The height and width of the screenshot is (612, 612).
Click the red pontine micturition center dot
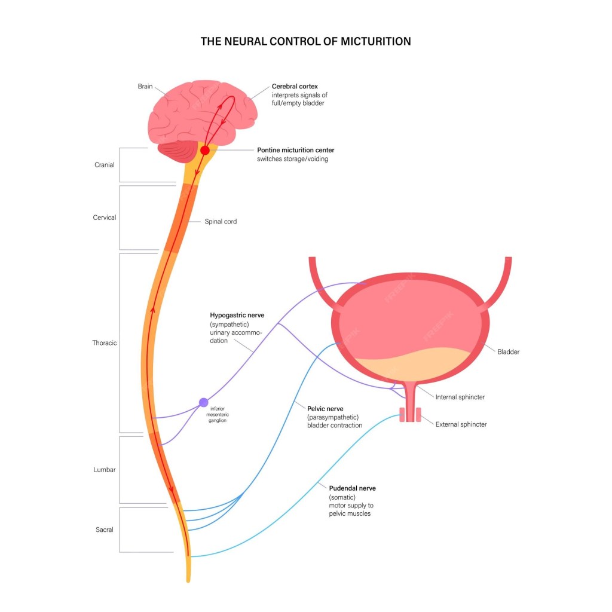coord(204,151)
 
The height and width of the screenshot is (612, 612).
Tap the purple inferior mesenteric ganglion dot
coord(204,402)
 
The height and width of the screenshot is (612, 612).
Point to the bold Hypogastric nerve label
coord(237,315)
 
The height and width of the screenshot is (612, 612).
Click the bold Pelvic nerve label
coord(325,409)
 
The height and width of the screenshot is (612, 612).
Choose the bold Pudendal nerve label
coord(352,488)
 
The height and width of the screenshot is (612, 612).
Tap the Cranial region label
coord(105,165)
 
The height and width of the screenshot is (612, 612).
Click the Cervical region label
coord(105,218)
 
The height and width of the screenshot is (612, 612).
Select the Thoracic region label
coord(105,343)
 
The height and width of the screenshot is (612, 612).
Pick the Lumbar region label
coord(105,470)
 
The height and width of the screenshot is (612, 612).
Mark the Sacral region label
coord(105,530)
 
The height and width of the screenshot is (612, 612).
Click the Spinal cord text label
coord(221,222)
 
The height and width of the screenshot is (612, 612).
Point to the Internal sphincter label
coord(460,397)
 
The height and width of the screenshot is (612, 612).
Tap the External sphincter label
coord(461,424)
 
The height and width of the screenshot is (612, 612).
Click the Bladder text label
coord(508,352)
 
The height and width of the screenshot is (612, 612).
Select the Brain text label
coord(145,87)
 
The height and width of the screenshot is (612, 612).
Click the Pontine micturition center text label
coord(295,150)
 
